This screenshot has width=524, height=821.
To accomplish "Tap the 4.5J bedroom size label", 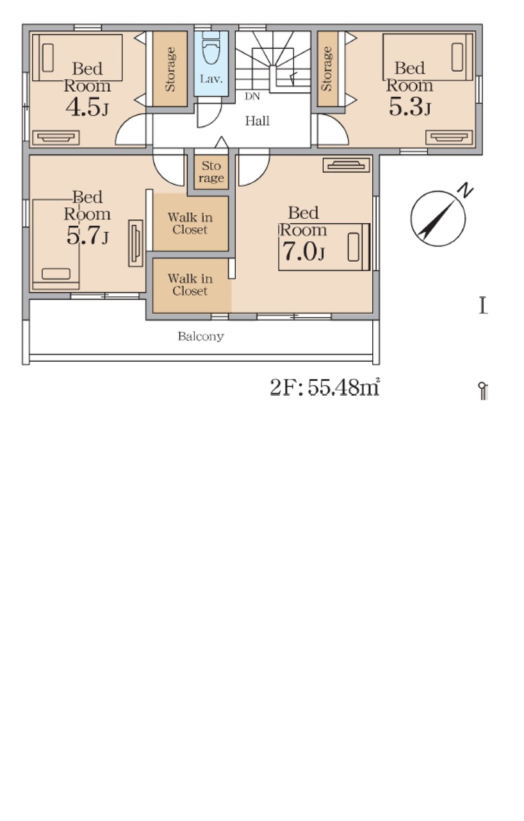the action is [87, 107].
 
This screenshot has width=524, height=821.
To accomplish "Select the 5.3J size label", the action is [409, 106].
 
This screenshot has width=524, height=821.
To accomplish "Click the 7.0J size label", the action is [303, 251].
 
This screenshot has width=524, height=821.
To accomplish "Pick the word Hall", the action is [258, 121].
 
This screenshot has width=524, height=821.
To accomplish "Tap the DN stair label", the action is [252, 96].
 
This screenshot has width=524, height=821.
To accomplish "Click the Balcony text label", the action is [201, 336].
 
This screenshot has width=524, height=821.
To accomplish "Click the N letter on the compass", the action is [466, 190].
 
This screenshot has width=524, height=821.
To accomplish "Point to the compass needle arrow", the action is [438, 219].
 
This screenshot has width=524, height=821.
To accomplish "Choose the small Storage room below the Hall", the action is [211, 172].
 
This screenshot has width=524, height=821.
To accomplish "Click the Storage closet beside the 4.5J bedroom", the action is [170, 69].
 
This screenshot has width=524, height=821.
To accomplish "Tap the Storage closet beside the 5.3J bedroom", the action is [327, 69].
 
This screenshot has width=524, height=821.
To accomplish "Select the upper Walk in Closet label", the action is [190, 224].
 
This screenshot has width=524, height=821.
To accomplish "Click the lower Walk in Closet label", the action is [190, 285].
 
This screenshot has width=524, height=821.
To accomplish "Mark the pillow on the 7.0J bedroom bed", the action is [353, 248].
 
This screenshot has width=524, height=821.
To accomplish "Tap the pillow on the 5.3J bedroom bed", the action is [457, 57].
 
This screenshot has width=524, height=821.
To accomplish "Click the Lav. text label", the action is [211, 79].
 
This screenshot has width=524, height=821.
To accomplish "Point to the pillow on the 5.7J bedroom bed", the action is [56, 274].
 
